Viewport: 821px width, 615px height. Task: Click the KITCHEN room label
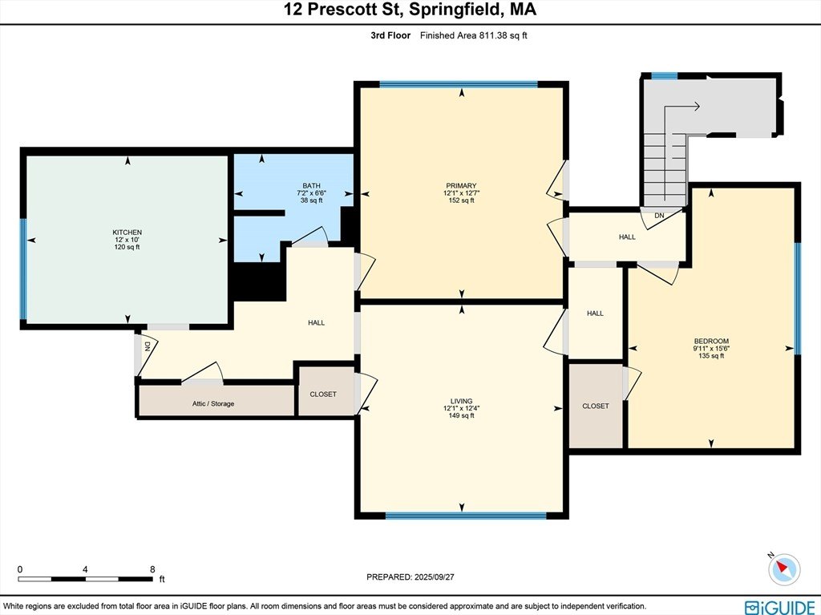127,232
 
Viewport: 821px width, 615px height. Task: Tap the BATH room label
311,185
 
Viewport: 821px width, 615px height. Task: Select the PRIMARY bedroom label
461,185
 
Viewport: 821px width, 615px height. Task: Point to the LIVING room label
461,401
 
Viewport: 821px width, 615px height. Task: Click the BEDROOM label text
711,341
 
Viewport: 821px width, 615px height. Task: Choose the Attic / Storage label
213,404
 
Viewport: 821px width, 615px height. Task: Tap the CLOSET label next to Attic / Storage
323,394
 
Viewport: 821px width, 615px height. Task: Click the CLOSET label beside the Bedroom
596,406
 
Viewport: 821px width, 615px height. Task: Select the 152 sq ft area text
461,200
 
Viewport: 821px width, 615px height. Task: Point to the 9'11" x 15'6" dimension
711,348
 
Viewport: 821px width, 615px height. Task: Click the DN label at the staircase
659,216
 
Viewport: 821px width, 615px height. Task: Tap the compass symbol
784,568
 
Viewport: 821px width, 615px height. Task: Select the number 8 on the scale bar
152,569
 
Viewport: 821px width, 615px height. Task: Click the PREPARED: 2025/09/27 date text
410,577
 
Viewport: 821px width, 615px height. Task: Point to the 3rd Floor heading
390,35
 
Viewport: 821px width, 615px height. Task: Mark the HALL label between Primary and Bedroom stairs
627,237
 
